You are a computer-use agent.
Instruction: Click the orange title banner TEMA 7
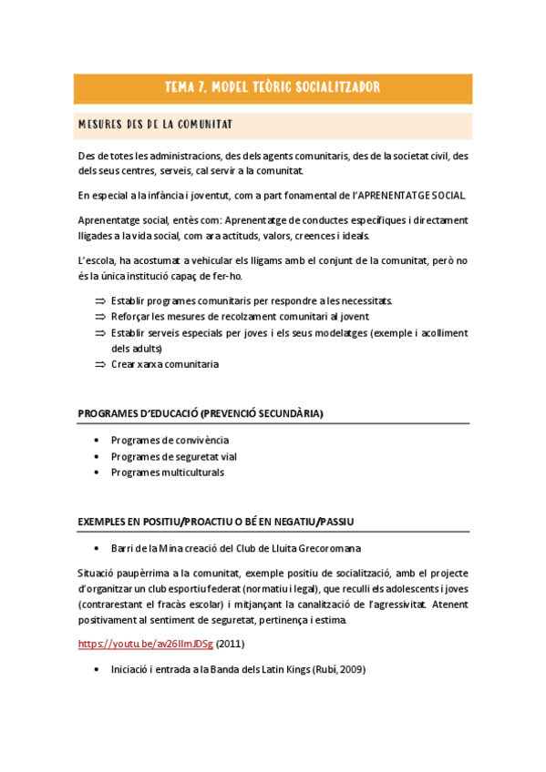pos(272,88)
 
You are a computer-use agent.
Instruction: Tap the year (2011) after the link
pos(230,645)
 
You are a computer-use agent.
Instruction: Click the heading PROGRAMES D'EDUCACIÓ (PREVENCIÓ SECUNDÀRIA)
pos(201,413)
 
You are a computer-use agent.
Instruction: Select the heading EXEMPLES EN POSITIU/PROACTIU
pos(216,521)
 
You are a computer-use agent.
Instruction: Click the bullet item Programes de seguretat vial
pos(173,457)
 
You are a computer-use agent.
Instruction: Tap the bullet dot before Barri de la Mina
pos(98,549)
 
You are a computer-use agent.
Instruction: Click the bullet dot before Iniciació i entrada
pos(98,671)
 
